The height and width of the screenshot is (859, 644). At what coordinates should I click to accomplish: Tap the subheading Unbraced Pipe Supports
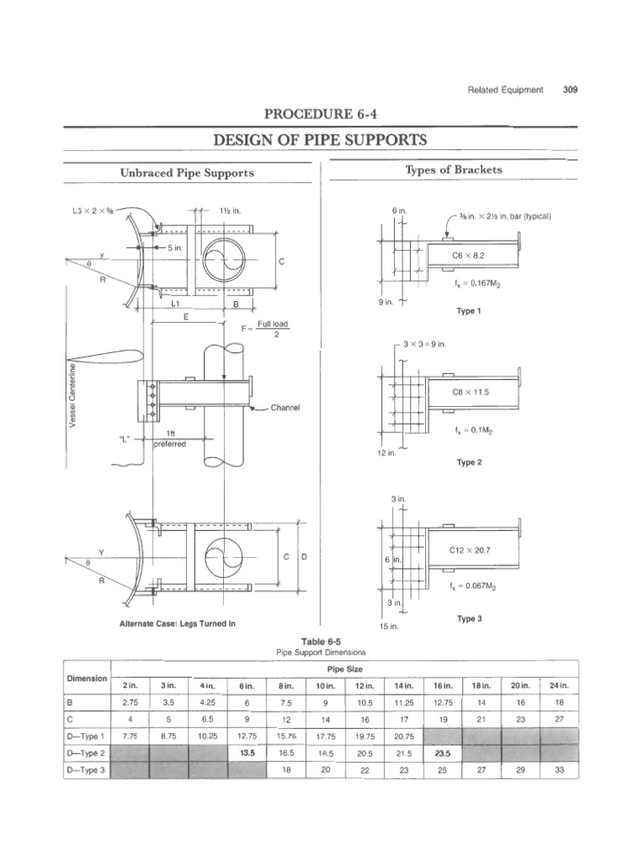coord(188,173)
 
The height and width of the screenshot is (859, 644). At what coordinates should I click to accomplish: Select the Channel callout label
coord(284,409)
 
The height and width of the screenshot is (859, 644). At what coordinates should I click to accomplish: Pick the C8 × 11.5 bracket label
coord(470,393)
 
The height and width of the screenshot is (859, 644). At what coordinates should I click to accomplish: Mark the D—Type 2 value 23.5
coord(443,753)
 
